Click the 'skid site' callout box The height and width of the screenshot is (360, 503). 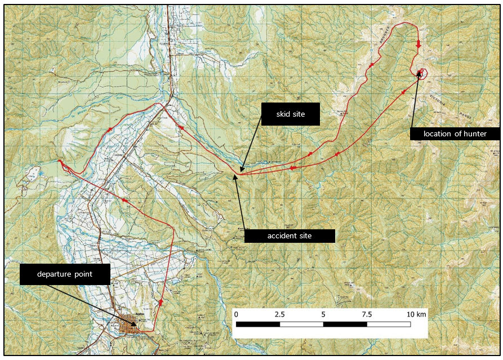pos(291,114)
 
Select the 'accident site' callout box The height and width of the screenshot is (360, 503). pos(290,235)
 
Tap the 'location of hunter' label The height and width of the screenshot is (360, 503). pos(455,134)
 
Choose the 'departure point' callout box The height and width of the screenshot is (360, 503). pos(65,274)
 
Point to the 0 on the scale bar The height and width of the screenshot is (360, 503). pos(236,314)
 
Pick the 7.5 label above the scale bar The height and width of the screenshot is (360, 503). pos(367,314)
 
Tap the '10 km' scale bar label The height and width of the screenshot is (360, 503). pos(417,314)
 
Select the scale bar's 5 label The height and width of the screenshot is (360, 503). pos(323,314)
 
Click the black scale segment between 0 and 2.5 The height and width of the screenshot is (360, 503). pos(258,325)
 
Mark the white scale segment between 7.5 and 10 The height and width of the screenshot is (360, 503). pos(389,325)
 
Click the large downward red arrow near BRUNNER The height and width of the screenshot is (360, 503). pos(419,45)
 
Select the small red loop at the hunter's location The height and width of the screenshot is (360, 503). pos(422,72)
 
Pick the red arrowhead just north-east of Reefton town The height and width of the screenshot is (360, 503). pos(162,303)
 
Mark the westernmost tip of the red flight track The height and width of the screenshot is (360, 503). pos(58,161)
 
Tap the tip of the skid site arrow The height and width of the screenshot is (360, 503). pos(241,171)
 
